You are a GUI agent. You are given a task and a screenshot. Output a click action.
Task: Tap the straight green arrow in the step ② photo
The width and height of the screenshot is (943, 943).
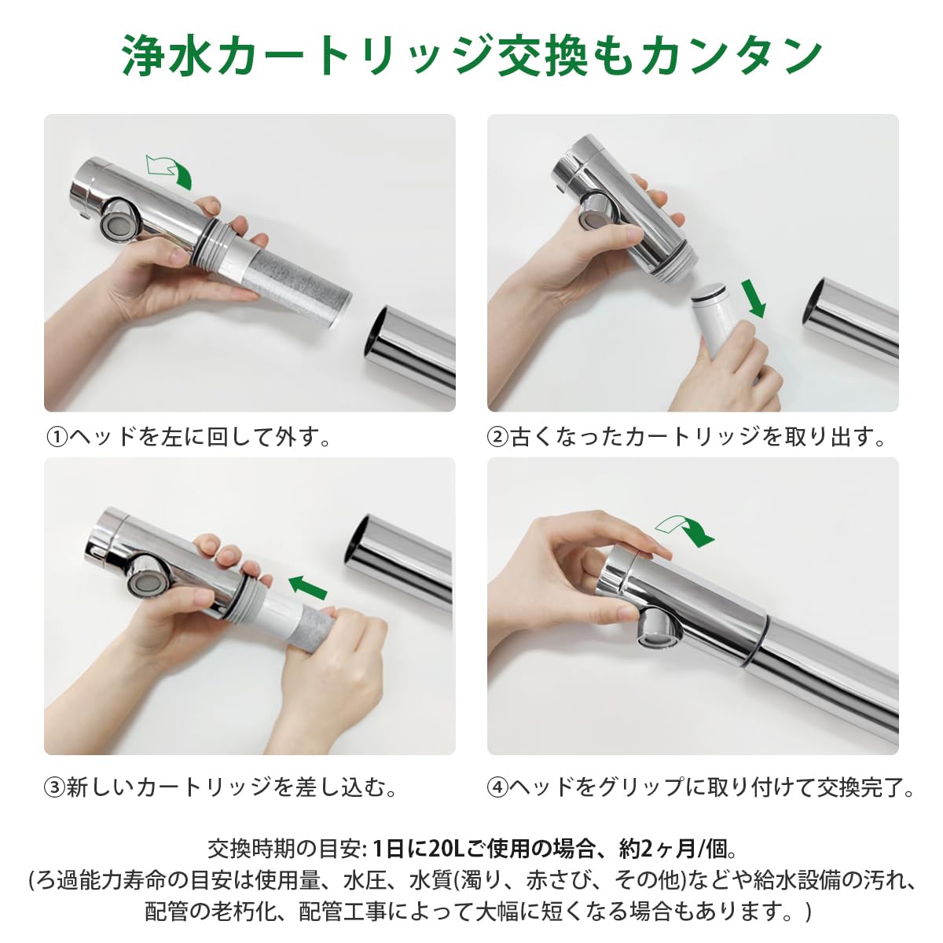[x=754, y=298]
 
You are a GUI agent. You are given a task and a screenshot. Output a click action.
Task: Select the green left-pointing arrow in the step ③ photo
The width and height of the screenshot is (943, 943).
[x=307, y=587]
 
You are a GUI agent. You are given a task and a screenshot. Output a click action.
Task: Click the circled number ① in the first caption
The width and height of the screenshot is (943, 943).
[x=57, y=437]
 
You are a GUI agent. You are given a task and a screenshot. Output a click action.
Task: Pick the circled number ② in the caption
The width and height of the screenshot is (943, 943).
[x=497, y=437]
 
